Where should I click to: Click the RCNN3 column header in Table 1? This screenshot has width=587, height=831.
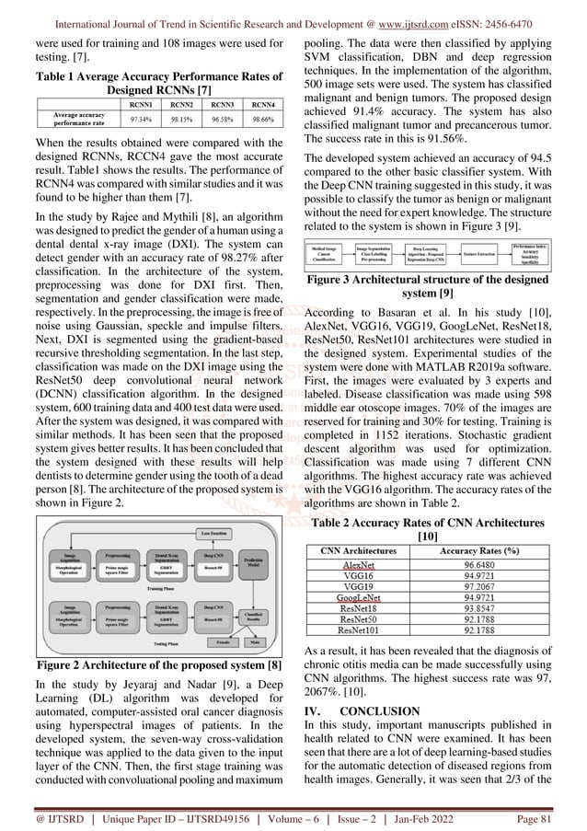tap(217, 105)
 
